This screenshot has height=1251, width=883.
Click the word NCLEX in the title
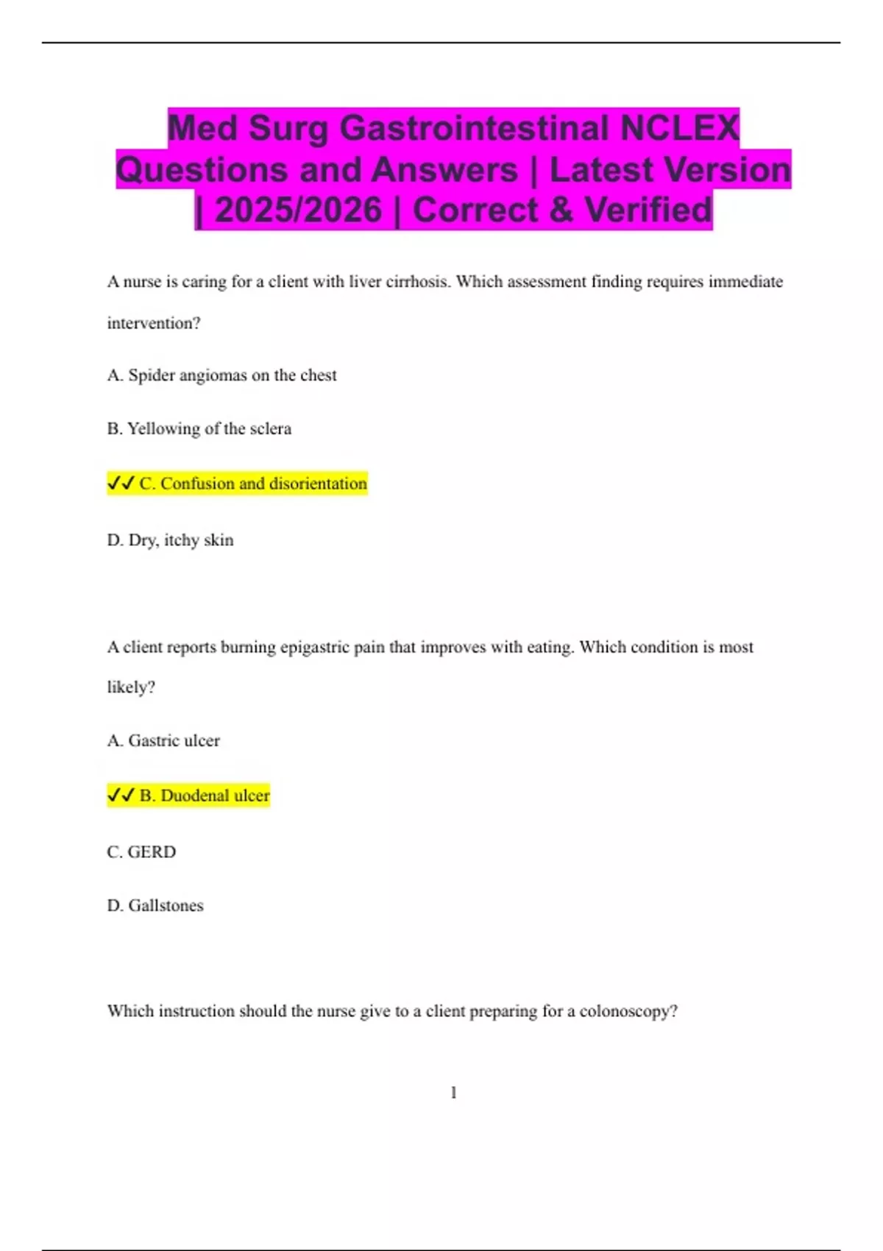click(679, 128)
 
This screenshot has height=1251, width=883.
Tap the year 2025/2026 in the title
click(299, 210)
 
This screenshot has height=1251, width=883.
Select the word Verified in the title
click(648, 210)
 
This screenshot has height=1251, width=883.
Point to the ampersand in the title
click(561, 210)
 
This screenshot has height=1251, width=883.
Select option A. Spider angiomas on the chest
click(221, 375)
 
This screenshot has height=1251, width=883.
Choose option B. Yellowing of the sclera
click(199, 428)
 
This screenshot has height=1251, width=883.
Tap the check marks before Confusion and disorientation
click(121, 483)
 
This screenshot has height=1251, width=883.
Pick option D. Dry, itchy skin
click(170, 540)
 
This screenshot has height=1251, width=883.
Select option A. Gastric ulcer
click(163, 740)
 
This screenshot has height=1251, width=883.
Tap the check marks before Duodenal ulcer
click(121, 795)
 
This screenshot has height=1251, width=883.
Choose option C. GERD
click(141, 851)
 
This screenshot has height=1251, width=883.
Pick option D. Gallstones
click(155, 905)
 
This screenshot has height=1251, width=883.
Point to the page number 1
click(453, 1093)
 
